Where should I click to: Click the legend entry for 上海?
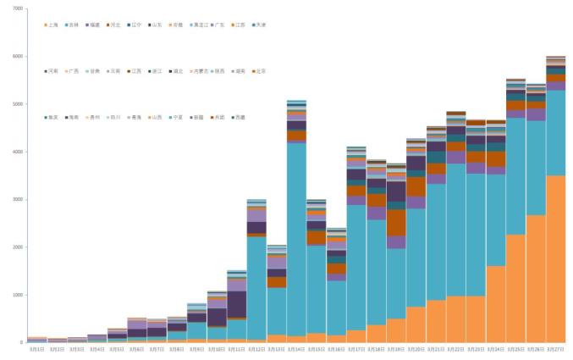[52, 25]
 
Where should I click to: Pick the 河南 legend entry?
[52, 71]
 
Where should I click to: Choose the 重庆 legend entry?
[52, 117]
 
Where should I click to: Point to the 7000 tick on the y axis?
[17, 8]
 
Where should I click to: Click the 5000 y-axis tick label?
[17, 104]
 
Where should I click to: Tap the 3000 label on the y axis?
[17, 200]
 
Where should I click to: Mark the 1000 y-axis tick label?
[17, 295]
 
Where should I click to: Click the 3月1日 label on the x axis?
[36, 349]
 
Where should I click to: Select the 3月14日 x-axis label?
[296, 349]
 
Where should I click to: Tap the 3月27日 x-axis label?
[556, 349]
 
